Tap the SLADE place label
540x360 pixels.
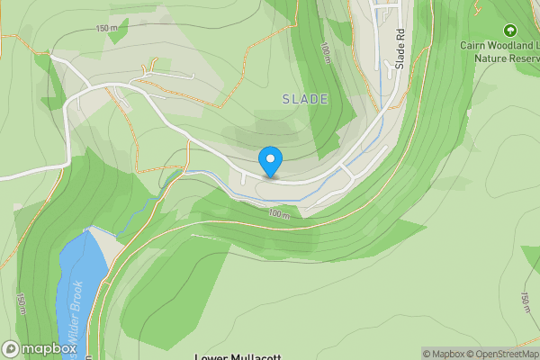(305, 99)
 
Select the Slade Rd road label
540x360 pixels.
(400, 49)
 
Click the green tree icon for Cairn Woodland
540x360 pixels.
(510, 31)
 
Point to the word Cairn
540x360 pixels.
(476, 45)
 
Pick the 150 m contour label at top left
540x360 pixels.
(105, 29)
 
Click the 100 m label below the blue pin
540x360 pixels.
(279, 214)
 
